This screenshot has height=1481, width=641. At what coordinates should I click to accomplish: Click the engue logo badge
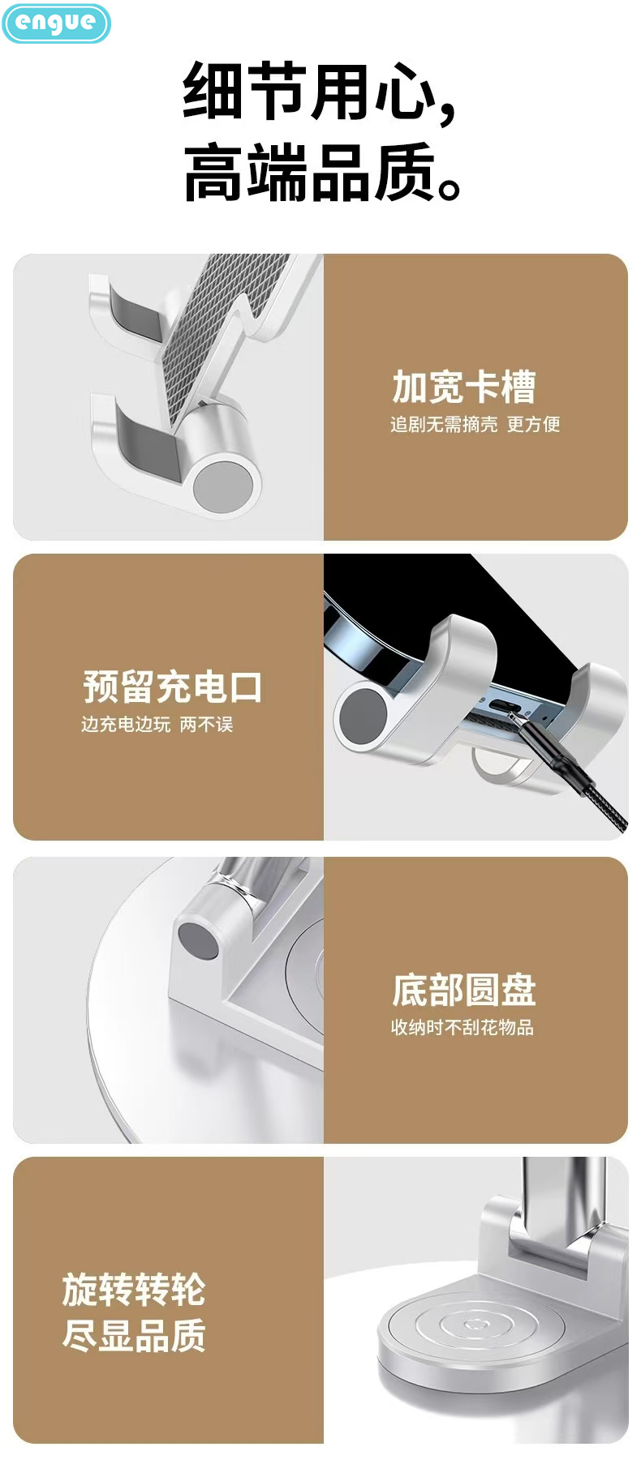55,23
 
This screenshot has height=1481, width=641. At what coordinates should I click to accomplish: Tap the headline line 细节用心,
320,92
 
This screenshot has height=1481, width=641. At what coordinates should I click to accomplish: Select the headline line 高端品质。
321,173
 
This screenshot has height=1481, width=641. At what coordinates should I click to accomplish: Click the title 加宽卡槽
463,387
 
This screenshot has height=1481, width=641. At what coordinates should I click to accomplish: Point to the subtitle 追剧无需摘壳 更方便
475,424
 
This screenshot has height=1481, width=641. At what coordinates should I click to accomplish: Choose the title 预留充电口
172,687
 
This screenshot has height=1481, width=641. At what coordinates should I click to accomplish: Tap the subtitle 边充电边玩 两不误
157,724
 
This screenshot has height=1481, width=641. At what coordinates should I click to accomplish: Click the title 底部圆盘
463,990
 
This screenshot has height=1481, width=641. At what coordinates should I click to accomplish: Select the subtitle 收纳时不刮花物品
462,1027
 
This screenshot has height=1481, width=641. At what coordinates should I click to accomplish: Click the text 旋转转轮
134,1289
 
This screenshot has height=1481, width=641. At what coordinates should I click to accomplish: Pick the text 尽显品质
134,1335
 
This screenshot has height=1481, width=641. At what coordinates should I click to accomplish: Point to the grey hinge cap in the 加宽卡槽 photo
222,485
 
